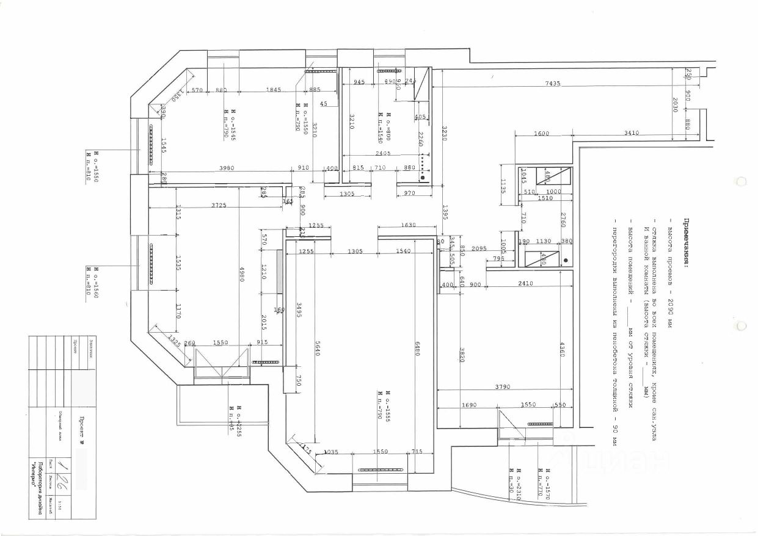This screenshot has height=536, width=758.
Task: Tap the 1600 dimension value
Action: pos(541,133)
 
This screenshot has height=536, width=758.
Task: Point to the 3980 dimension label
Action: pos(228,168)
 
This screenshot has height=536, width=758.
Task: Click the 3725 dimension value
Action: pos(219,206)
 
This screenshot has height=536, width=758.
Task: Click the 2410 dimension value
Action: pos(525,284)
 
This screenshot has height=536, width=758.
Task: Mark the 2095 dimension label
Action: pos(479,248)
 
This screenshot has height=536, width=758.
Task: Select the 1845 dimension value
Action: pos(274,90)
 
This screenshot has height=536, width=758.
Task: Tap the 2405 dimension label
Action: pos(383,153)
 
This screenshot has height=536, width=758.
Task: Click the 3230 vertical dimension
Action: pos(444,133)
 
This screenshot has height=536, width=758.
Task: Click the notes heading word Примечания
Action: pos(687,242)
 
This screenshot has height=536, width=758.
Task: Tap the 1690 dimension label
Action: pos(468,405)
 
